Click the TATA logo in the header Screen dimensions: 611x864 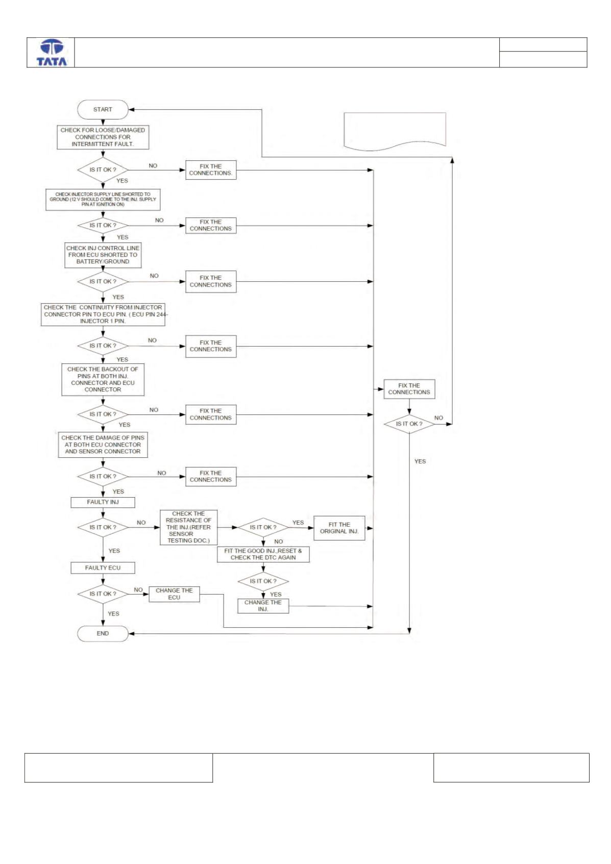point(52,53)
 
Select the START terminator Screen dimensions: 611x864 point(103,110)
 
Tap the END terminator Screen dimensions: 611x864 point(103,633)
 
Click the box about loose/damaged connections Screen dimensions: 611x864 point(103,137)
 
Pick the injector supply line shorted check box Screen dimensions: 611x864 point(103,200)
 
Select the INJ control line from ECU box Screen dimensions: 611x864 point(103,255)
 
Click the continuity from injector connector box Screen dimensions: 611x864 point(103,314)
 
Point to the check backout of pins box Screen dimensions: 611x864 point(103,380)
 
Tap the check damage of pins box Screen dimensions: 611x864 point(103,445)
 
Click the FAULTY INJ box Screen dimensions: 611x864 point(103,502)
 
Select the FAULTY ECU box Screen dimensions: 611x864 point(103,568)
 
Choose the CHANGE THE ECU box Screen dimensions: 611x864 point(175,594)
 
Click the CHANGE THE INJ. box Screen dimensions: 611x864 point(263,606)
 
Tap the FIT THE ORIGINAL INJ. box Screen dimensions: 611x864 point(339,528)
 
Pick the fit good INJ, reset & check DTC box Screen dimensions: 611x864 point(263,554)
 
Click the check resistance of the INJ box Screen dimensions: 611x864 point(189,527)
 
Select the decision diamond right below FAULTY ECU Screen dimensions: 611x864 point(103,594)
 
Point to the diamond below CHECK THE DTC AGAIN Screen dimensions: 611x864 point(263,581)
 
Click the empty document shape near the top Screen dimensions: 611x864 point(395,131)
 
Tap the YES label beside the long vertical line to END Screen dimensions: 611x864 point(420,461)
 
